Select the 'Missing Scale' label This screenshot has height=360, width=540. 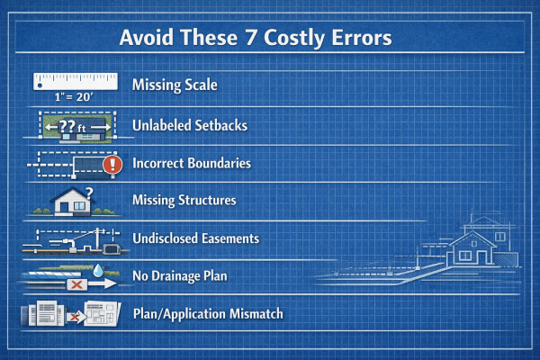pos(175,85)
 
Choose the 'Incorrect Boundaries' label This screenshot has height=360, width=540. pos(191,164)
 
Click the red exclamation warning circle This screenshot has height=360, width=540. pos(112,166)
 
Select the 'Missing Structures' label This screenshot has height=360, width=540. pos(184,200)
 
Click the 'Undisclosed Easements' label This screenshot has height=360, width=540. pos(195,238)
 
